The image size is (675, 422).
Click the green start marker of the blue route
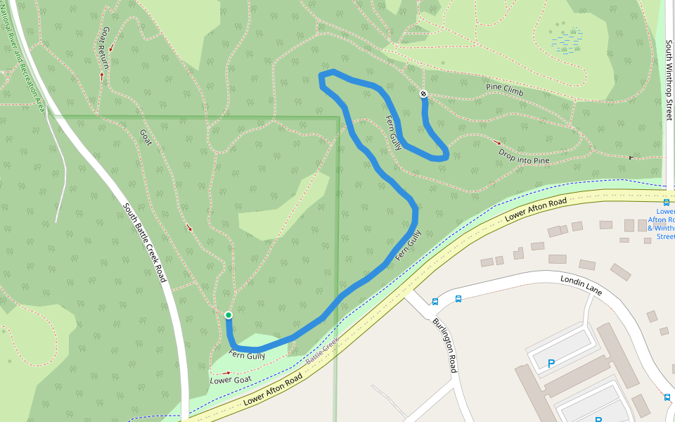point(229,315)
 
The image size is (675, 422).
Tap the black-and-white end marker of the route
point(423,94)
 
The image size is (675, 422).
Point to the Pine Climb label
point(505,89)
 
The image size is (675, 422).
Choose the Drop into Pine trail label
point(524,156)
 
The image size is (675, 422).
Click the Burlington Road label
point(446,345)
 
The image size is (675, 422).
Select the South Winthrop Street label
point(669,79)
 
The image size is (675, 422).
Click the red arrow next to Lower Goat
point(226,373)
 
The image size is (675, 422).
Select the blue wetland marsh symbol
point(567,40)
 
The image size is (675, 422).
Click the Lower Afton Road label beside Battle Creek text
point(274,389)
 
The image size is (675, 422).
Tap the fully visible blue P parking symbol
point(551,364)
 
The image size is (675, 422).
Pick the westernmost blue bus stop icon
point(435,302)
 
